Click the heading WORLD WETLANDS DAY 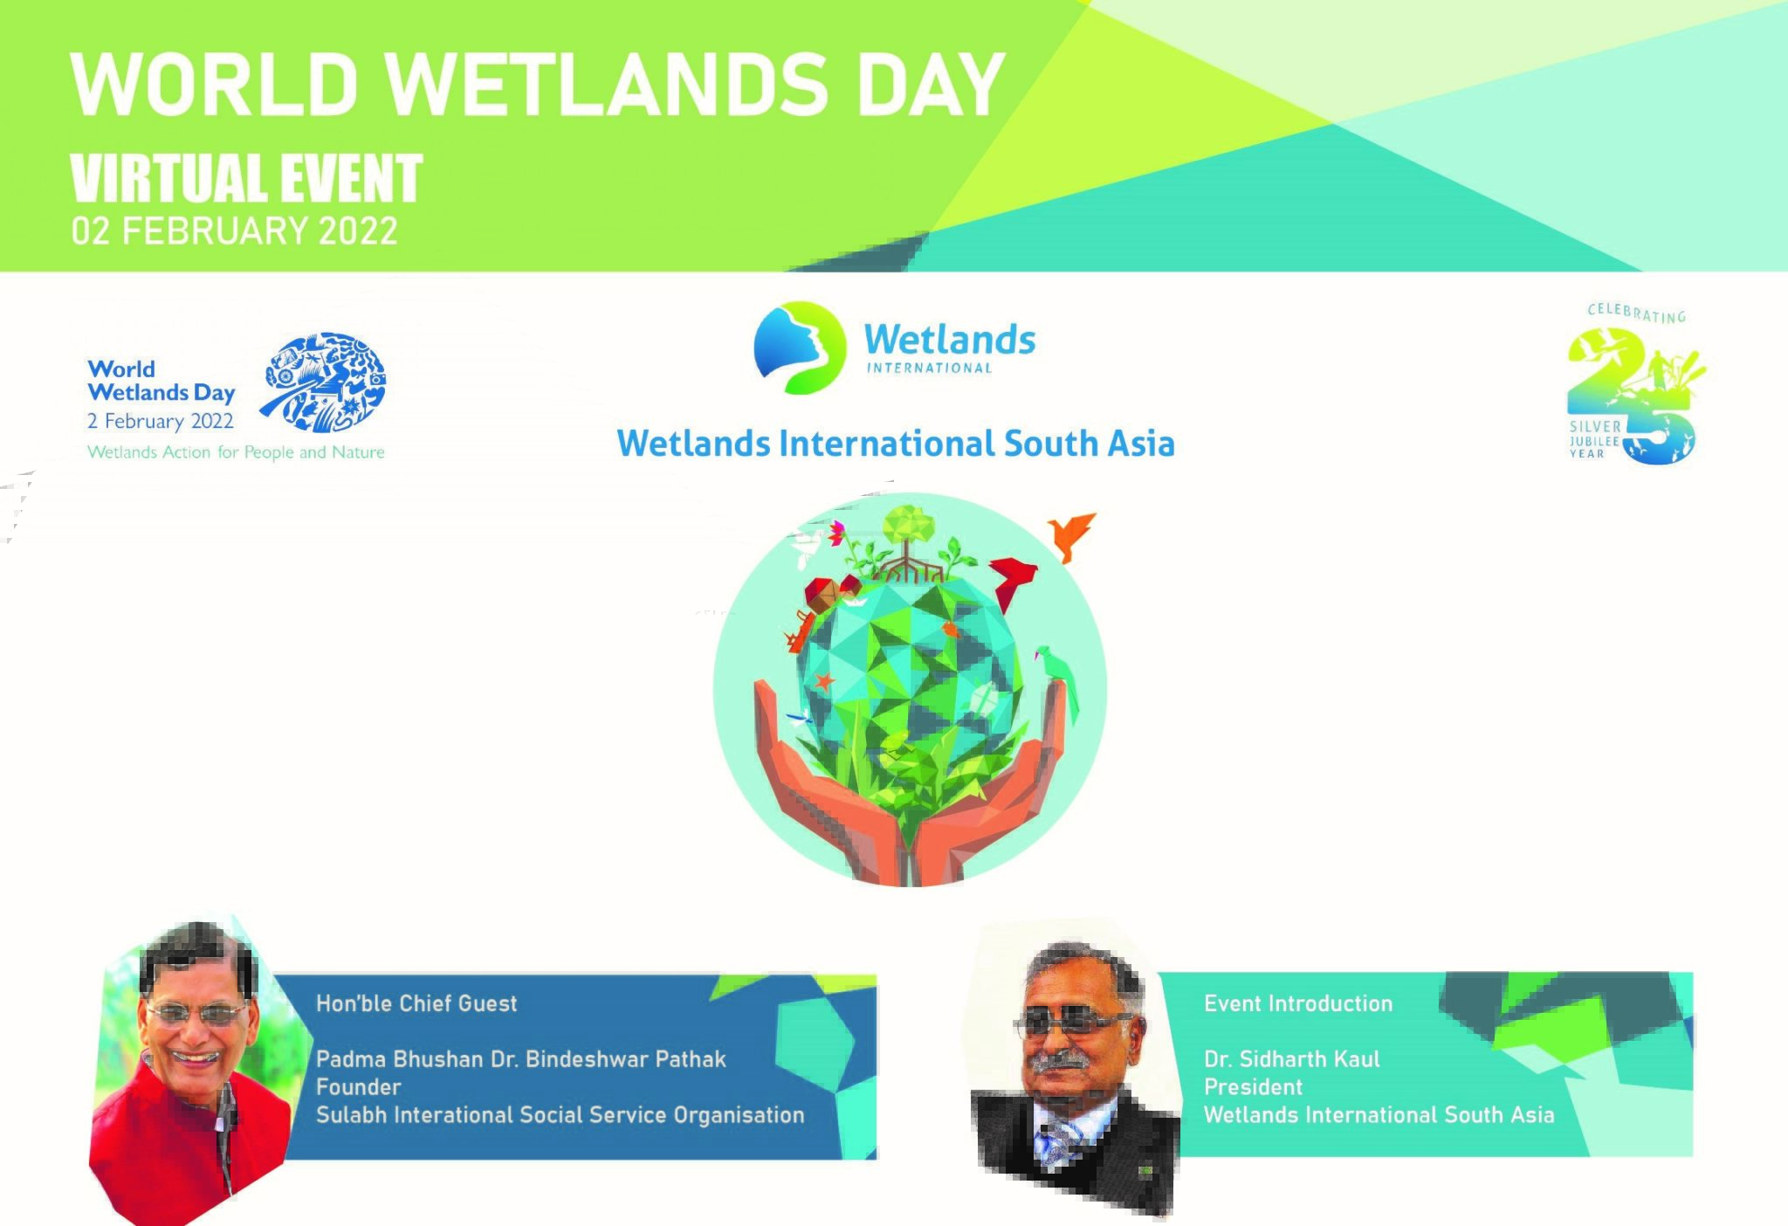[x=537, y=84]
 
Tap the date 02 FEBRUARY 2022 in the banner [x=234, y=231]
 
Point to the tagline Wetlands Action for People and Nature [x=236, y=452]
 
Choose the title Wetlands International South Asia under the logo [x=896, y=443]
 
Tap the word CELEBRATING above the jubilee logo [x=1637, y=313]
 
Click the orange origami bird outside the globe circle [x=1072, y=533]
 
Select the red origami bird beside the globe [x=1013, y=582]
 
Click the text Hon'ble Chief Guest [x=416, y=1003]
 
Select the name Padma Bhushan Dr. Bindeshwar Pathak [x=521, y=1059]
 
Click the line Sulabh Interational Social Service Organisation [x=560, y=1115]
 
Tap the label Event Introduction [x=1298, y=1003]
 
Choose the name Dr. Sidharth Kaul [x=1292, y=1059]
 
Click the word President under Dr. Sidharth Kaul [x=1253, y=1087]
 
